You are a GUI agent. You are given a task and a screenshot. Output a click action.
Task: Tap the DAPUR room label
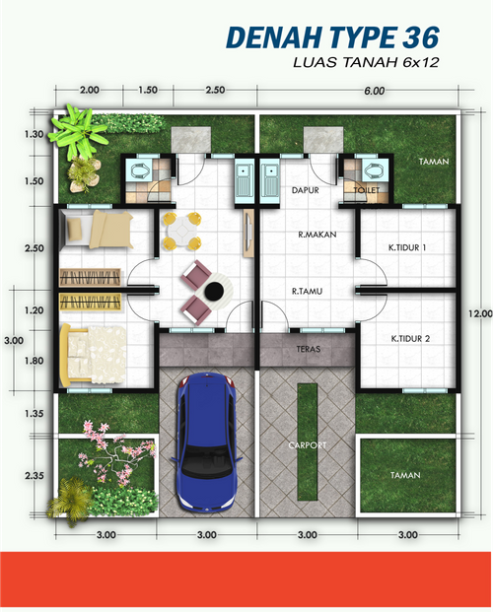pos(306,190)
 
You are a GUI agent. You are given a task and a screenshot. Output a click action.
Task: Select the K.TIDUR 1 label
pos(407,247)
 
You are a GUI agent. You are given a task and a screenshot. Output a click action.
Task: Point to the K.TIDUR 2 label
pos(410,339)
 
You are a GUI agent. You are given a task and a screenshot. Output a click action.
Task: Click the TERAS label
pos(309,349)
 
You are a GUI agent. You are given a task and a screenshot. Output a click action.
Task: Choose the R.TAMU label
pos(307,291)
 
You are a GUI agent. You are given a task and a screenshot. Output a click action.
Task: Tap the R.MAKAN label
pos(317,235)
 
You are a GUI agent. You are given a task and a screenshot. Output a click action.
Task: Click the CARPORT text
pos(307,444)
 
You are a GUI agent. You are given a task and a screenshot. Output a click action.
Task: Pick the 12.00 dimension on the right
pos(480,313)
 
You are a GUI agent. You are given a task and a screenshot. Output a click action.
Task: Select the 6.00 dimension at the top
pos(375,91)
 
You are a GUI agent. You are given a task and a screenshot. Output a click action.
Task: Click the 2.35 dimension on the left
pos(35,476)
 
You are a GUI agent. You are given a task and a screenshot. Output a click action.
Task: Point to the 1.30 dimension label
pos(34,134)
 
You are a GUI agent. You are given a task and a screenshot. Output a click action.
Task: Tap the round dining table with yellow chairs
pos(182,231)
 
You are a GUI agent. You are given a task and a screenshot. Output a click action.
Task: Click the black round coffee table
pos(214,291)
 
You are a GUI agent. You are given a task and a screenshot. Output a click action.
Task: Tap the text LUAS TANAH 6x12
pos(366,62)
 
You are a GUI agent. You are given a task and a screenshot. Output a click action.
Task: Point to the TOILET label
pos(367,190)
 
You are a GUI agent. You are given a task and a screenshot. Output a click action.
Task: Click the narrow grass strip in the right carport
pos(307,442)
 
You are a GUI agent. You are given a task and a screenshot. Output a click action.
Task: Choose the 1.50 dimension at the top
pos(148,90)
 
